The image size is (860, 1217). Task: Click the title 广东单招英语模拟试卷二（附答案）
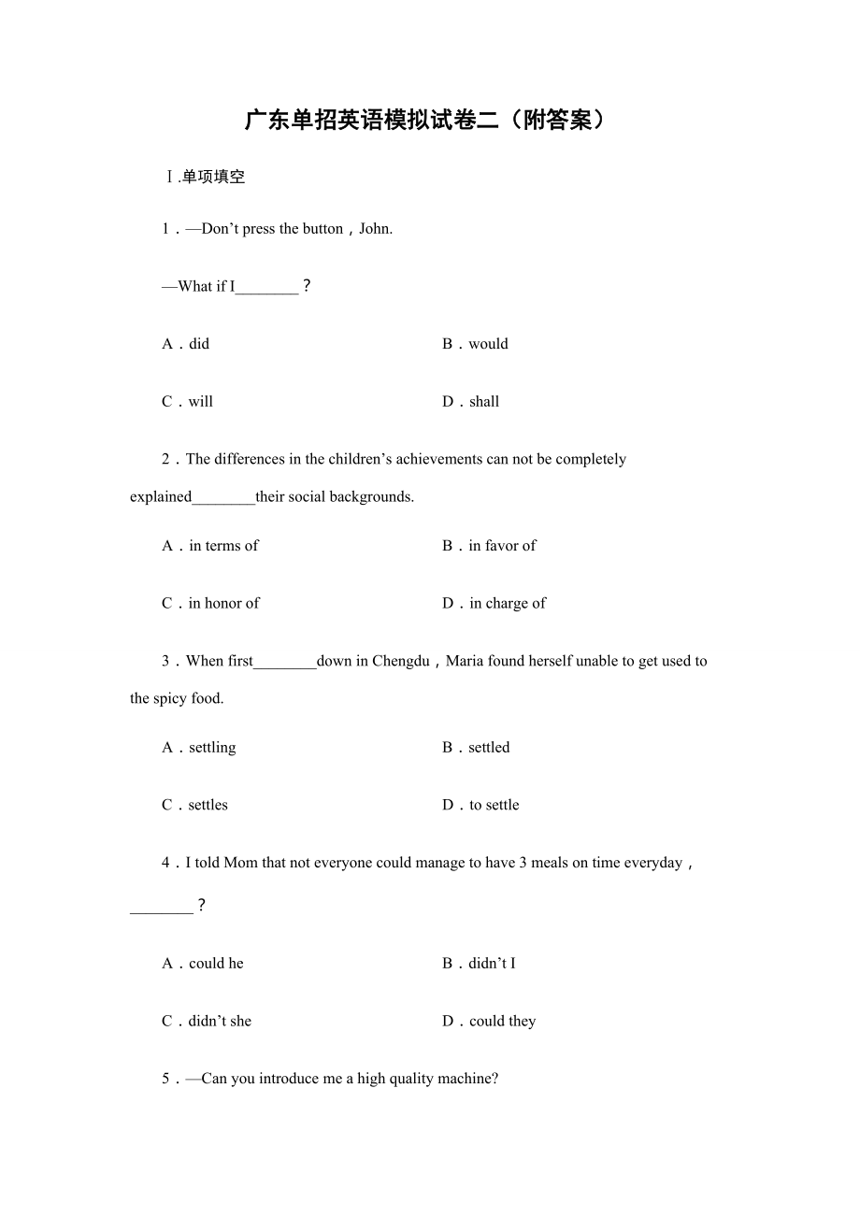425,121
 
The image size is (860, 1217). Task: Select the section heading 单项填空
213,177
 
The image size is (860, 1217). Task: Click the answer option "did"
199,344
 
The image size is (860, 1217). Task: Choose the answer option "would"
488,344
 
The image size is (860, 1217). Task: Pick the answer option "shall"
484,402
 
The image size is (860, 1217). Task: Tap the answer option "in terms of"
223,546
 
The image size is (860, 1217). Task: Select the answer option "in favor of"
502,546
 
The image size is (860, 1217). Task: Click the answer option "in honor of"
223,604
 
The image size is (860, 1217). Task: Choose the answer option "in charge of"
507,604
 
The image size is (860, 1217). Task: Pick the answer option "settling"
212,748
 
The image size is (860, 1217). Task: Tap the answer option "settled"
489,748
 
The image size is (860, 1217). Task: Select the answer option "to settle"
494,806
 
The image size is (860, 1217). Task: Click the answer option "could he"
216,964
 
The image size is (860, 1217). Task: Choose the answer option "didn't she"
220,1022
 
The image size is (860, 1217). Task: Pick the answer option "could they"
502,1022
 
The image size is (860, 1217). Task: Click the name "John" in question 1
374,229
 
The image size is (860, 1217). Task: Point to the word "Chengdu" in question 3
401,662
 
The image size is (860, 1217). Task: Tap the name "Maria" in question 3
465,662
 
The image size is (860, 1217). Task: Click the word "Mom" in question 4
240,864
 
